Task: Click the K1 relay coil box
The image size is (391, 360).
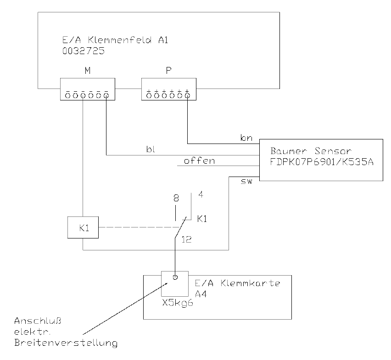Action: [x=83, y=228]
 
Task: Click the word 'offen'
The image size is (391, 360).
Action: [x=199, y=161]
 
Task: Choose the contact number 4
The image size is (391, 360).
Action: [x=201, y=194]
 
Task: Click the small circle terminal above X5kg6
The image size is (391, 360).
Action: [x=175, y=277]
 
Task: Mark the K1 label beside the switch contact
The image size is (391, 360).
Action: [x=202, y=219]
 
